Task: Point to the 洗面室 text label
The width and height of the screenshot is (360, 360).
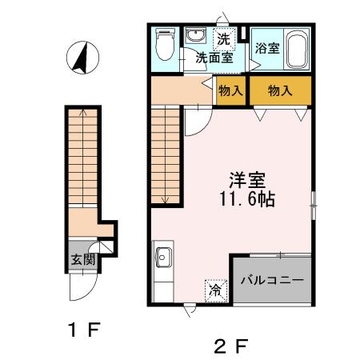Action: tap(216, 58)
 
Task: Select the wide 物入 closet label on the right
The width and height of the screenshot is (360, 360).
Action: tap(279, 90)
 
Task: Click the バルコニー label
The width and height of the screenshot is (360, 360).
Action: tap(272, 281)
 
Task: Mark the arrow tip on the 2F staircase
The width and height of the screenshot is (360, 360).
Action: tap(164, 202)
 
